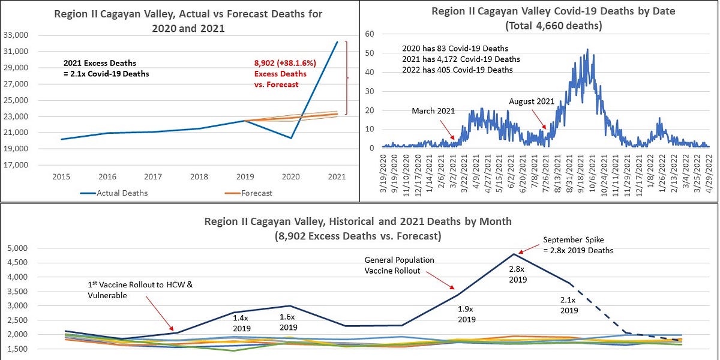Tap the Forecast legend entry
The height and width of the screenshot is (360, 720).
[x=256, y=193]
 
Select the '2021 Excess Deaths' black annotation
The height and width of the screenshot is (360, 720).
[x=100, y=63]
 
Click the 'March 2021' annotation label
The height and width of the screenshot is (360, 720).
[x=433, y=111]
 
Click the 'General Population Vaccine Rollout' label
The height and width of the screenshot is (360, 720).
[x=399, y=265]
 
